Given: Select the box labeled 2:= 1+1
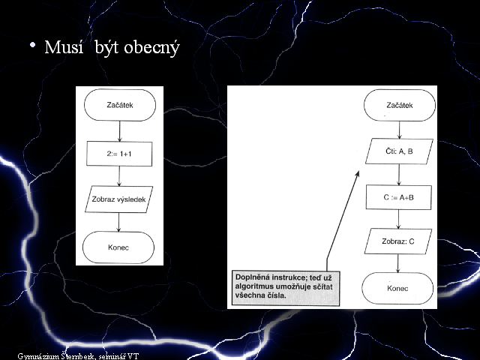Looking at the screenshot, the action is [119, 154].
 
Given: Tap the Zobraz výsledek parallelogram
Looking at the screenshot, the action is [118, 199].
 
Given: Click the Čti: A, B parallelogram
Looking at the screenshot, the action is [399, 151].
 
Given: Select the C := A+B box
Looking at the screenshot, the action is [398, 197].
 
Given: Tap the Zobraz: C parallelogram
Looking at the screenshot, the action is [398, 241].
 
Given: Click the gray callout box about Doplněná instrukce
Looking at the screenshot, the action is [286, 288].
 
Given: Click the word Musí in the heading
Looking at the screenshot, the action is [64, 47].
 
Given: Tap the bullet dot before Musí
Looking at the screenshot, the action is [32, 45].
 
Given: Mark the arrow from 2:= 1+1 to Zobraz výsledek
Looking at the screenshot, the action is [119, 176].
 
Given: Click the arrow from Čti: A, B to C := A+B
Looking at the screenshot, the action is [399, 175].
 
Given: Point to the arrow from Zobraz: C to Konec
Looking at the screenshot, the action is [398, 263].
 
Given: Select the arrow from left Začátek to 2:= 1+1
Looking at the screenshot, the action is [120, 131].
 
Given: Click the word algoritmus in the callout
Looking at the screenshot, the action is [254, 286].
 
